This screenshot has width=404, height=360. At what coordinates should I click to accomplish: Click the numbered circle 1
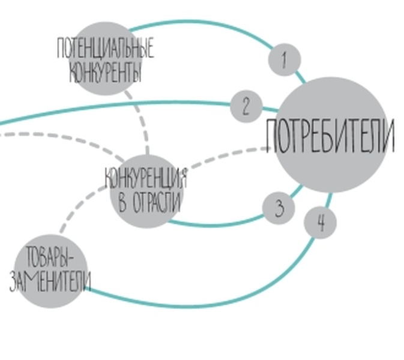[x=284, y=60]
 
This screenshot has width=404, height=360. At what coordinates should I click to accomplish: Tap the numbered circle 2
[x=246, y=107]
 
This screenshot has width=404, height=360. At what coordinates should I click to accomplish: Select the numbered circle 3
[x=279, y=208]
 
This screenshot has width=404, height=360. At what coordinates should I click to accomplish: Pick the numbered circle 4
[x=321, y=223]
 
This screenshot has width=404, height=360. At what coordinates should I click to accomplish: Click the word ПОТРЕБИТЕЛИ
[x=330, y=137]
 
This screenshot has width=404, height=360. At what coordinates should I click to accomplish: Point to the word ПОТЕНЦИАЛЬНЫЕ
[x=105, y=49]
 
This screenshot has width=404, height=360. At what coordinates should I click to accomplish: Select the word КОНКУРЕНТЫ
[x=106, y=73]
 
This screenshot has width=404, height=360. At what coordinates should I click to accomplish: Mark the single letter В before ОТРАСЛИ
[x=122, y=202]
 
